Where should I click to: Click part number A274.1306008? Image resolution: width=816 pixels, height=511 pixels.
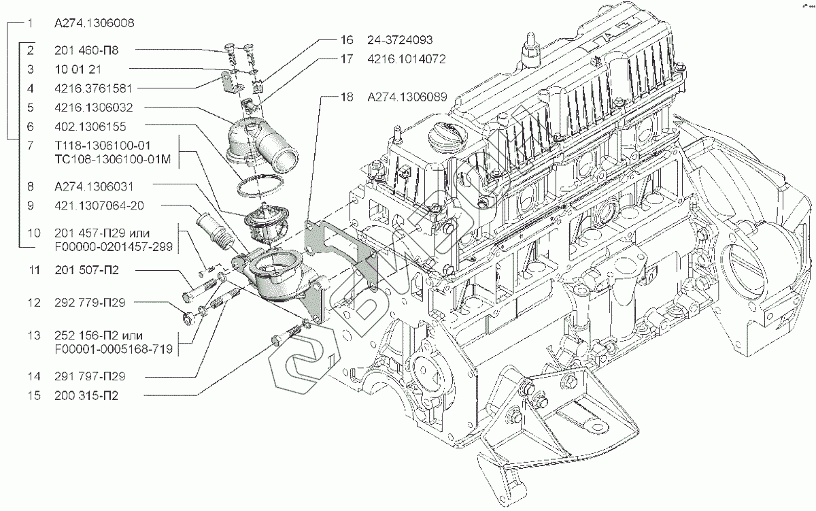click(x=95, y=23)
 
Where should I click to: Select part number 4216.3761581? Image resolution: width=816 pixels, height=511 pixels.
click(x=93, y=88)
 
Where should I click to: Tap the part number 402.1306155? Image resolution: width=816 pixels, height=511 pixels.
click(x=90, y=127)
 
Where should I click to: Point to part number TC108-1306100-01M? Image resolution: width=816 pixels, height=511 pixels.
click(x=113, y=160)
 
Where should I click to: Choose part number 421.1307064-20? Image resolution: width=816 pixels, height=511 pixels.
click(x=99, y=205)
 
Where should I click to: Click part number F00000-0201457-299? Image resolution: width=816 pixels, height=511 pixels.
click(x=114, y=247)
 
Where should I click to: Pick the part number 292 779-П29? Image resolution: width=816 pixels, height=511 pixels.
click(x=90, y=303)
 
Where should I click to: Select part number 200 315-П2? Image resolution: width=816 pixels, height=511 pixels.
click(x=86, y=395)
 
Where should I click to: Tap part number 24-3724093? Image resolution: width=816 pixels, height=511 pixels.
click(x=400, y=39)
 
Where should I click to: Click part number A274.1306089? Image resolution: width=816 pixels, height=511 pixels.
click(x=407, y=97)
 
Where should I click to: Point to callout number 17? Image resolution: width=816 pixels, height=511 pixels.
click(x=347, y=59)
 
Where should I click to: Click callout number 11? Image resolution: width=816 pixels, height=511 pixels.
click(x=34, y=270)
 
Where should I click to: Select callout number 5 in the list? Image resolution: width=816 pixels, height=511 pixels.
click(x=31, y=108)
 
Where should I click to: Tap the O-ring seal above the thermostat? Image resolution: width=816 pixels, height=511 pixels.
click(x=260, y=186)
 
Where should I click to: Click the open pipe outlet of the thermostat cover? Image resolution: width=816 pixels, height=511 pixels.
click(x=285, y=159)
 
